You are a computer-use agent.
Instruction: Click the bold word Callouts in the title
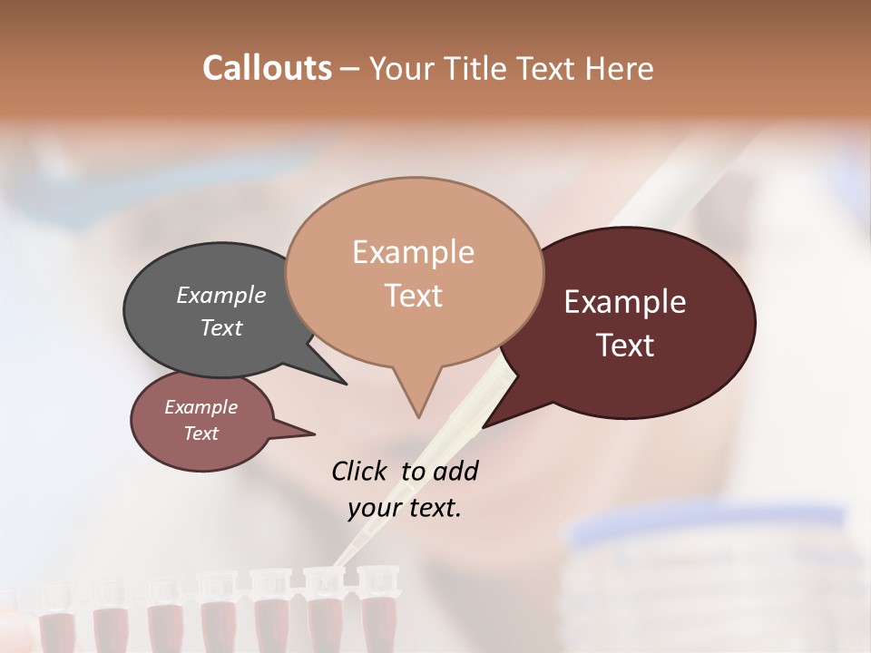pyautogui.click(x=267, y=68)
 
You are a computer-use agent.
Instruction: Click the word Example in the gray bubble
pyautogui.click(x=221, y=295)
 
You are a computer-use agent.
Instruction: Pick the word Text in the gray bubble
pyautogui.click(x=221, y=327)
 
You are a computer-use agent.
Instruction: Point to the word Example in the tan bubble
pyautogui.click(x=413, y=252)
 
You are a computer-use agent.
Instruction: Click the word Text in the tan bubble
pyautogui.click(x=413, y=296)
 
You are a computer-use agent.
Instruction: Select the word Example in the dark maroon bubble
pyautogui.click(x=625, y=302)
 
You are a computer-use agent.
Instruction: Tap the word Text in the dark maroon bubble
pyautogui.click(x=625, y=346)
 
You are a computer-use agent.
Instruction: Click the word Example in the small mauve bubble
pyautogui.click(x=201, y=407)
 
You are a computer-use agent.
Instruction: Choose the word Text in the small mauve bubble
pyautogui.click(x=201, y=434)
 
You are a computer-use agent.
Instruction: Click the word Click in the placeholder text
pyautogui.click(x=361, y=471)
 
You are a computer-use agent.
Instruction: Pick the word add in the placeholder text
pyautogui.click(x=455, y=471)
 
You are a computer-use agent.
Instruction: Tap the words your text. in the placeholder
pyautogui.click(x=405, y=508)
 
